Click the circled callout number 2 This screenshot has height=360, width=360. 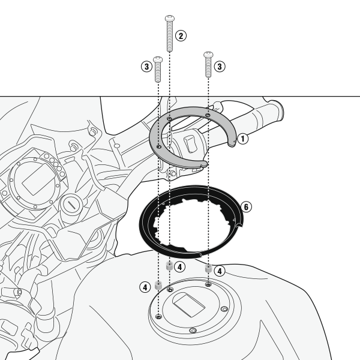[x=181, y=36]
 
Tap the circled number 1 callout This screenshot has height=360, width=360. [x=242, y=139]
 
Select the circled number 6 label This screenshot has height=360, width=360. [x=246, y=207]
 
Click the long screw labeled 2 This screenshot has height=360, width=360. [x=170, y=34]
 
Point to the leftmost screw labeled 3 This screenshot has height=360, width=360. [x=158, y=69]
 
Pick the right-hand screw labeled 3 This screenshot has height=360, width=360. [x=208, y=65]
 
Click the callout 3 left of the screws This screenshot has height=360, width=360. [x=146, y=67]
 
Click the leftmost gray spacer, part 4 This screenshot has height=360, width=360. [x=158, y=285]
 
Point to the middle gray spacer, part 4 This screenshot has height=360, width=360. [x=169, y=266]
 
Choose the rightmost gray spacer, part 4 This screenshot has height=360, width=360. [x=208, y=268]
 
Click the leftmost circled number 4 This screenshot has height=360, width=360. [x=145, y=287]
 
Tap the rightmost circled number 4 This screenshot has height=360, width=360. [x=220, y=271]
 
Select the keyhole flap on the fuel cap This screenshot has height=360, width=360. [x=188, y=304]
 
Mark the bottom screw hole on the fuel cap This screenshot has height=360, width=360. [x=193, y=331]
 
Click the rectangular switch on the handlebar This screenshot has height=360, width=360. [x=190, y=143]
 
